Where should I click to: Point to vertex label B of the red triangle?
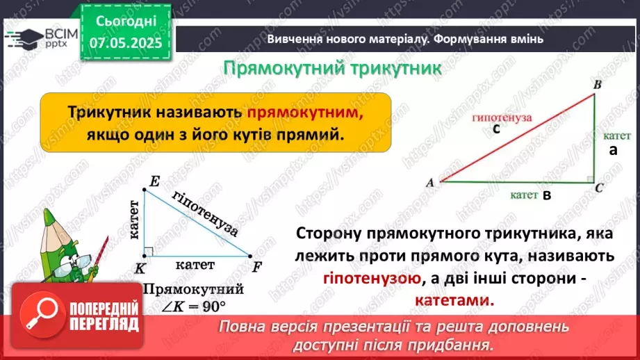click(x=596, y=84)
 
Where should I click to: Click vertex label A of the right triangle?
click(x=429, y=183)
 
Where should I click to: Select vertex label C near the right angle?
click(x=598, y=188)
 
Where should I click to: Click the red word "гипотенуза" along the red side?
click(x=502, y=117)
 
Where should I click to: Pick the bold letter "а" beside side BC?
click(x=613, y=150)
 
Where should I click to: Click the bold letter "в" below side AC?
click(x=546, y=196)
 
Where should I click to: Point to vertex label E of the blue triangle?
click(x=154, y=182)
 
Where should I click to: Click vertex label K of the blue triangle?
click(x=141, y=268)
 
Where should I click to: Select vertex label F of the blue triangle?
click(x=257, y=266)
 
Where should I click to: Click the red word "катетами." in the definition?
click(x=455, y=301)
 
